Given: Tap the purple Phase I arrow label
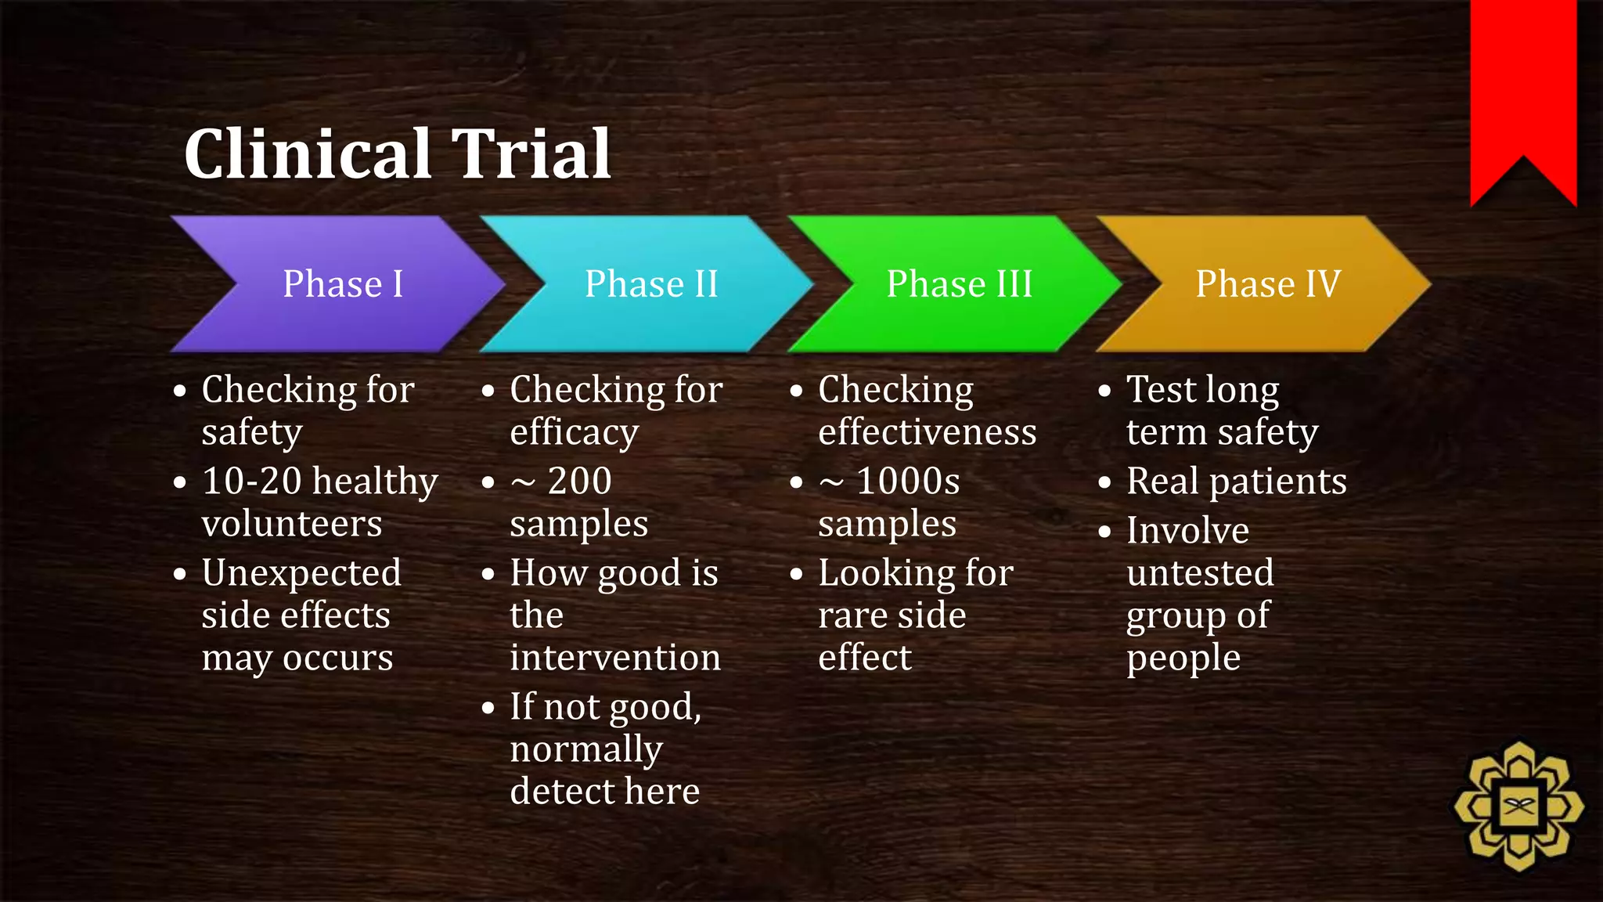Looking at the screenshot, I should (x=343, y=283).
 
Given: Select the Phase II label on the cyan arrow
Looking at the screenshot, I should (x=651, y=283).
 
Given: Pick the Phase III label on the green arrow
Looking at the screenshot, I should (x=960, y=283).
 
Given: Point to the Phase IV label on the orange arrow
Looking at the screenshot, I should (x=1268, y=283).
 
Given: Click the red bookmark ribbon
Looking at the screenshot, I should (x=1522, y=86).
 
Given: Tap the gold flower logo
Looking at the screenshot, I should (x=1518, y=806).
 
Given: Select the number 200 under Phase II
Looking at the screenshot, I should (x=579, y=481).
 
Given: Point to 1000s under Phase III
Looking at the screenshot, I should (x=908, y=481).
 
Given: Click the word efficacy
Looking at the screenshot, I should (x=574, y=433).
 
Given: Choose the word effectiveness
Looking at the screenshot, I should (x=927, y=432).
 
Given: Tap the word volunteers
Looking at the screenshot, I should (x=292, y=524).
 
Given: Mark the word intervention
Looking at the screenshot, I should (x=615, y=658).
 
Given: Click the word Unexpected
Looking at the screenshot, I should (x=301, y=574).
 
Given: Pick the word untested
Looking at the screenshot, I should (x=1200, y=573).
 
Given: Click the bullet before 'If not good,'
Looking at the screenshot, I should (x=488, y=708).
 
